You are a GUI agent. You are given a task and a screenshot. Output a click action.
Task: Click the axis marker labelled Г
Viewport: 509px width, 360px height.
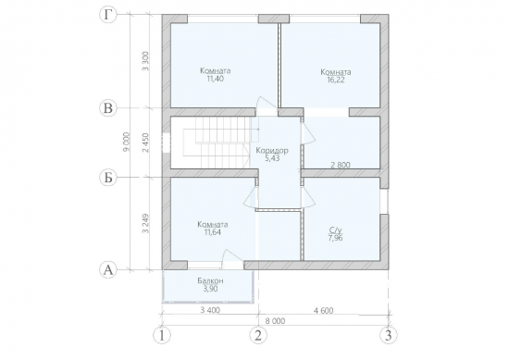coord(107,15)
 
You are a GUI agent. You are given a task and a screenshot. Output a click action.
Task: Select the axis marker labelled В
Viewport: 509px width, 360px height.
coord(107,108)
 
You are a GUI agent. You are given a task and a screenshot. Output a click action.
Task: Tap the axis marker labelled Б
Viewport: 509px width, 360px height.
coord(107,178)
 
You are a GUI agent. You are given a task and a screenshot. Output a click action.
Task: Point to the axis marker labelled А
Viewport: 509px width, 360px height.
coord(107,269)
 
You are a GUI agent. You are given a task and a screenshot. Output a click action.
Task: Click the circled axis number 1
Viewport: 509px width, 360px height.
coord(162,335)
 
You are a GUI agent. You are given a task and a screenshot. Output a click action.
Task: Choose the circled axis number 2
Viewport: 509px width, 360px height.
coord(258,335)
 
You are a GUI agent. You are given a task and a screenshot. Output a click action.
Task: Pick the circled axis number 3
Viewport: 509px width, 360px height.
coord(389,335)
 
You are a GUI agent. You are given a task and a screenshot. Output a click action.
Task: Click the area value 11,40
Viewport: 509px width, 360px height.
coord(216,79)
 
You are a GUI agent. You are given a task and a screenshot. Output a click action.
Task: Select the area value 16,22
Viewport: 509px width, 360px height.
coord(336,80)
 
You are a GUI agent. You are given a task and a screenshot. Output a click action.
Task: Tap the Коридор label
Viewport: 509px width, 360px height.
coord(272,151)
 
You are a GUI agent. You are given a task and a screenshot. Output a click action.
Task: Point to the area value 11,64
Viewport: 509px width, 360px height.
coord(213,232)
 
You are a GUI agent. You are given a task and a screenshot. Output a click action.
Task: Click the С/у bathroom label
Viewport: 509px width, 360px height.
coord(336,230)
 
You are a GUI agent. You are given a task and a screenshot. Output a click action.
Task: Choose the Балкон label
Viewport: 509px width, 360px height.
coord(210,280)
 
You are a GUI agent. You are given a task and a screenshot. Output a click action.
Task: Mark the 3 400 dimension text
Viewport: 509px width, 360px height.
coord(210,310)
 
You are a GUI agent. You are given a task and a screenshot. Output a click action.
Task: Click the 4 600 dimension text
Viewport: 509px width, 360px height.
coord(323,311)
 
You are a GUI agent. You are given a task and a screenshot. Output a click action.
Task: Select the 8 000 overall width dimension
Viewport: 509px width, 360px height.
coord(275,321)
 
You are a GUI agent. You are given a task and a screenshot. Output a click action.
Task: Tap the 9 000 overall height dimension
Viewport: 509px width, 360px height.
coord(126,142)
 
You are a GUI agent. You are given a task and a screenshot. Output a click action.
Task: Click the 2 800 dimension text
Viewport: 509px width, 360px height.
coord(341,165)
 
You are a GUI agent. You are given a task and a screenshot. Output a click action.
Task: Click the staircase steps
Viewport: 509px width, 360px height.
coord(217,143)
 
